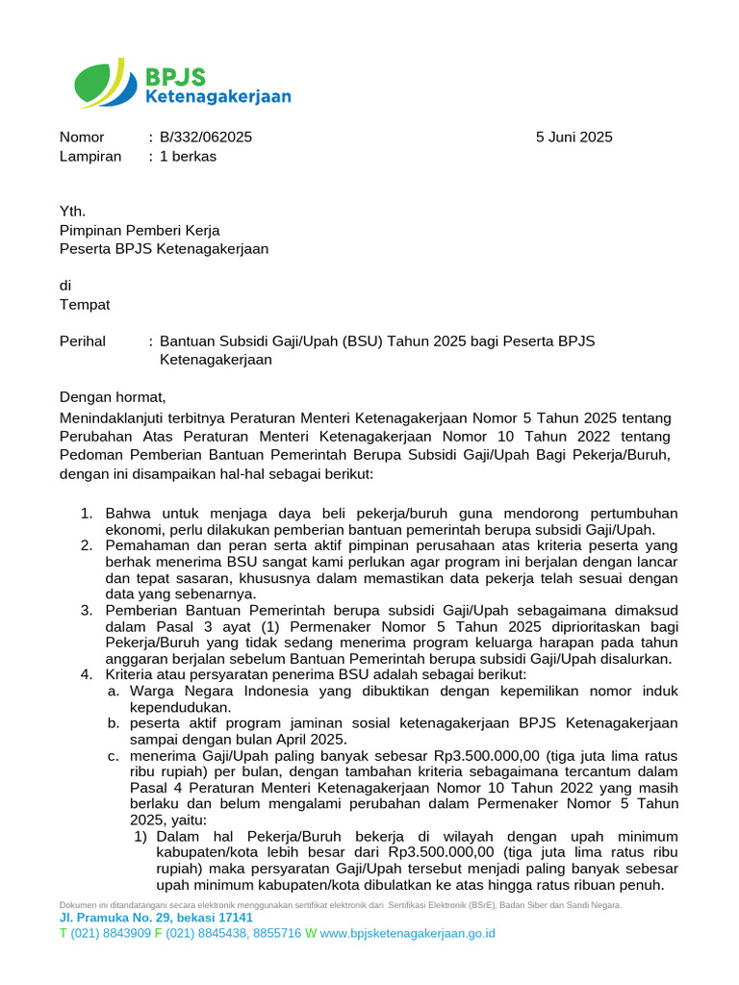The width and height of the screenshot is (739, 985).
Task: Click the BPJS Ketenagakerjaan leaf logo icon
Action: pyautogui.click(x=101, y=83)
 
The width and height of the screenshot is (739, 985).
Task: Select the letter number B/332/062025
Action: pyautogui.click(x=206, y=138)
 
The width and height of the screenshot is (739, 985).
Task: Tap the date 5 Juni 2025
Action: pyautogui.click(x=573, y=138)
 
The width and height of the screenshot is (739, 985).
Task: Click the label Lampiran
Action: pyautogui.click(x=90, y=156)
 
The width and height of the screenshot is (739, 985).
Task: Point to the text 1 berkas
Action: pyautogui.click(x=188, y=156)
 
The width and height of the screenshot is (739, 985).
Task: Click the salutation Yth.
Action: pyautogui.click(x=73, y=212)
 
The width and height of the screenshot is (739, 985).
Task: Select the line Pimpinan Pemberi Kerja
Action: pyautogui.click(x=140, y=230)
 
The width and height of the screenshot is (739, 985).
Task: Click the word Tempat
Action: pyautogui.click(x=85, y=305)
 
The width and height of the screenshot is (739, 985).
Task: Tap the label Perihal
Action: pyautogui.click(x=83, y=341)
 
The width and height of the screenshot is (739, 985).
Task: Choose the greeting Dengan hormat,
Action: pyautogui.click(x=113, y=396)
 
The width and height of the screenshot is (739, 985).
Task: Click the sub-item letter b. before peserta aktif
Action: pyautogui.click(x=114, y=723)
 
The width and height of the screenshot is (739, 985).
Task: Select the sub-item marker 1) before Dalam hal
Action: pyautogui.click(x=140, y=836)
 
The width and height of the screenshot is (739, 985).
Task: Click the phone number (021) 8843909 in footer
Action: pyautogui.click(x=110, y=934)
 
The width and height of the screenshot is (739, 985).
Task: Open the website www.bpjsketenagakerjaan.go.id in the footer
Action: pyautogui.click(x=407, y=934)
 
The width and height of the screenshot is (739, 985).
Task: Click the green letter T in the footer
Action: pyautogui.click(x=64, y=934)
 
